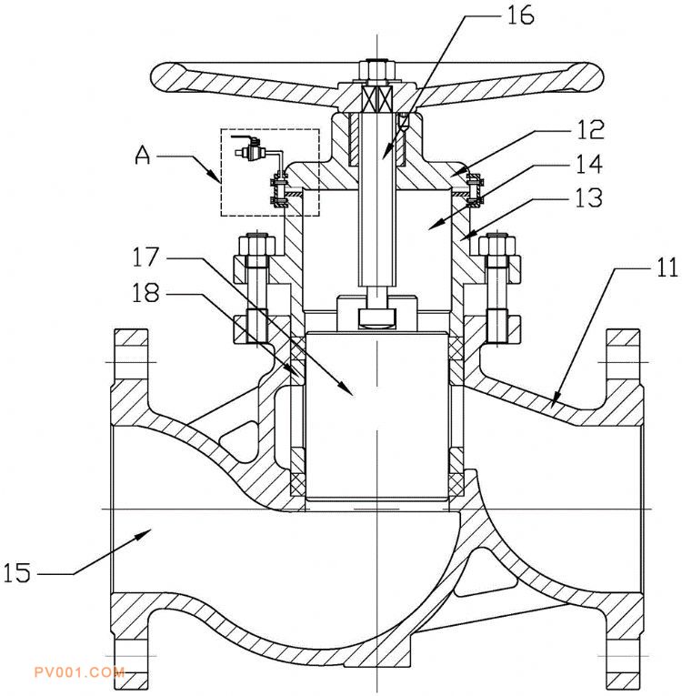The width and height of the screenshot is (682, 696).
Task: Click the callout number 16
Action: (520, 16)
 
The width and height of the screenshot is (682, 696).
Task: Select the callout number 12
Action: (590, 130)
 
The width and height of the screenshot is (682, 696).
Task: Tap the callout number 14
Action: (589, 165)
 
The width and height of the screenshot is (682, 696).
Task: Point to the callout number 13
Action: (589, 197)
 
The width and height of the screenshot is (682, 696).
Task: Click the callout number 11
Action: (667, 267)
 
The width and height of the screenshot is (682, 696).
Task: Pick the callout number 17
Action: (145, 257)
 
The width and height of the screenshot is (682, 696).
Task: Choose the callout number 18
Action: (145, 293)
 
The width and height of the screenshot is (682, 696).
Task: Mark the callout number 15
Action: (17, 572)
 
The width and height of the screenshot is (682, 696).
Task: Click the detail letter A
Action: (143, 156)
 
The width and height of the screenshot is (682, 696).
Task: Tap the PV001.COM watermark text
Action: (79, 672)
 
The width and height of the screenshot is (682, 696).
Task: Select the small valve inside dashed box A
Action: (251, 149)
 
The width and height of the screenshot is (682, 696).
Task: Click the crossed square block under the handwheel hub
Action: (377, 97)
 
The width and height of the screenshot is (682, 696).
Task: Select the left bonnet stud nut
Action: (257, 245)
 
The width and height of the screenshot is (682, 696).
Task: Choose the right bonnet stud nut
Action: (497, 245)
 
